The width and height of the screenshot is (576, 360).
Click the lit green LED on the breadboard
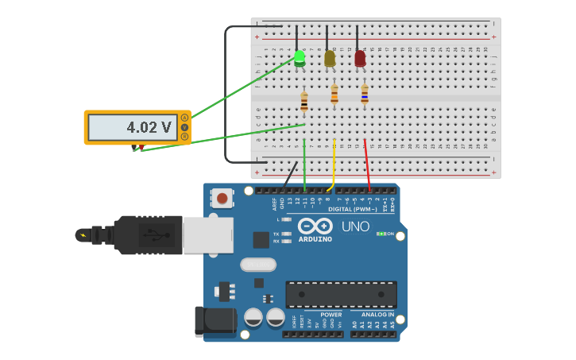300,57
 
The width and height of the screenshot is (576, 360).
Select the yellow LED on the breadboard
330,58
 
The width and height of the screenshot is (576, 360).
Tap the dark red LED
360,58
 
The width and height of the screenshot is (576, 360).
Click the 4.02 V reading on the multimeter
149,127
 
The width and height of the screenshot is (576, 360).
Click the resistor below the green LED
304,101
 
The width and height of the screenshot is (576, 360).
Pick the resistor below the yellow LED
334,95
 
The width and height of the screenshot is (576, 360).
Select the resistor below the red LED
365,95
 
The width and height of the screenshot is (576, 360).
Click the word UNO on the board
355,226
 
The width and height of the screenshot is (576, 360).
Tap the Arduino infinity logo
315,226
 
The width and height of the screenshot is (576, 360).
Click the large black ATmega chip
341,294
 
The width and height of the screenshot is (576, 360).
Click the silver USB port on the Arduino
207,235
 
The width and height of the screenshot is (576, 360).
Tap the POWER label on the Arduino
331,315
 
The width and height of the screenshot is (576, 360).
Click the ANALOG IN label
372,315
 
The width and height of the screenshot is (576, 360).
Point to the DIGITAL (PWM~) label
353,209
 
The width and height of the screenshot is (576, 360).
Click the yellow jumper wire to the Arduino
334,163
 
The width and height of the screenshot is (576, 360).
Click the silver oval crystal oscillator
258,265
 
